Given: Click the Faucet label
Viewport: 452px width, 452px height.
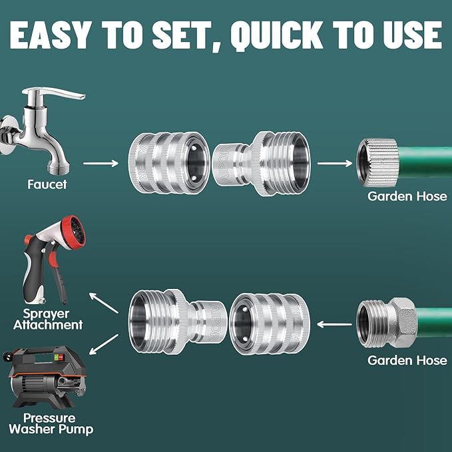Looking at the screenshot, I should click(x=47, y=184).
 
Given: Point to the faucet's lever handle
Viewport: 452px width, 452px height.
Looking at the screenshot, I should click(x=63, y=95).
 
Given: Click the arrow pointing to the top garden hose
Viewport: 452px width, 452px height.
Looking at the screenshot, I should click(x=334, y=162).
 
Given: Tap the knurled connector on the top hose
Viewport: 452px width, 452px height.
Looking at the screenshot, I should click(x=375, y=162).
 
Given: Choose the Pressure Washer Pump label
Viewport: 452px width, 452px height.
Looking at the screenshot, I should click(x=51, y=423).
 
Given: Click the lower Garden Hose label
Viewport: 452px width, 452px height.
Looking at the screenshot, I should click(x=407, y=360).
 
